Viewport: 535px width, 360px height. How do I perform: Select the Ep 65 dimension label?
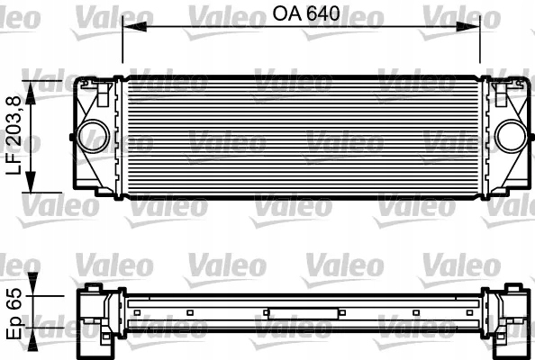click(x=14, y=313)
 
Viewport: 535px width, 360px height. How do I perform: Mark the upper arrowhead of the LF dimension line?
click(x=34, y=85)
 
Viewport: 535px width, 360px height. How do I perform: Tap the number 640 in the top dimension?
click(x=317, y=13)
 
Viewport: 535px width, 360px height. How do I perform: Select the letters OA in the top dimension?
click(x=281, y=13)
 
